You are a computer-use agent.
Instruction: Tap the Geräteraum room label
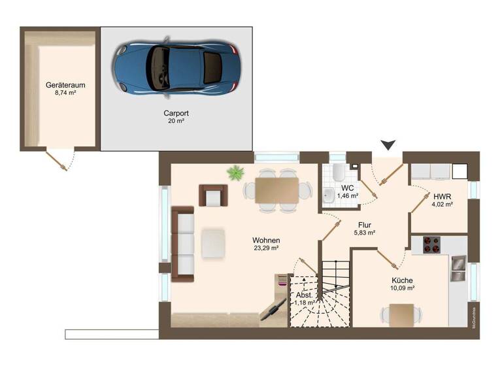(x=66, y=85)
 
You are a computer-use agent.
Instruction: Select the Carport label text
(x=176, y=113)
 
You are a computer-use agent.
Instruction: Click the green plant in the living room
(x=235, y=173)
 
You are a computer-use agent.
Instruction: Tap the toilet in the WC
(x=337, y=173)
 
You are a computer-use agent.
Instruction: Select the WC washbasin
(x=327, y=194)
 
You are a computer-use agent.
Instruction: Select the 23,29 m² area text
(x=267, y=248)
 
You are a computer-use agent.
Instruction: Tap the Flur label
(x=365, y=224)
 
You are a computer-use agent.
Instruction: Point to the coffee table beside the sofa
(x=214, y=242)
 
